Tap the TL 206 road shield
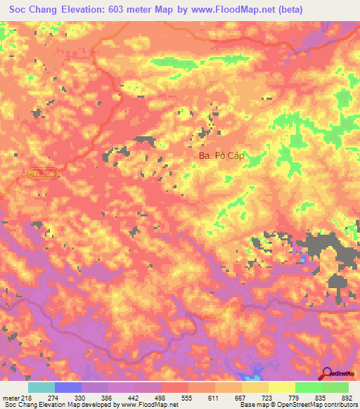[x=41, y=172]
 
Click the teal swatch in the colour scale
[x=41, y=388]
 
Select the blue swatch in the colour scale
[x=67, y=388]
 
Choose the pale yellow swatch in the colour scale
[x=281, y=388]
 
